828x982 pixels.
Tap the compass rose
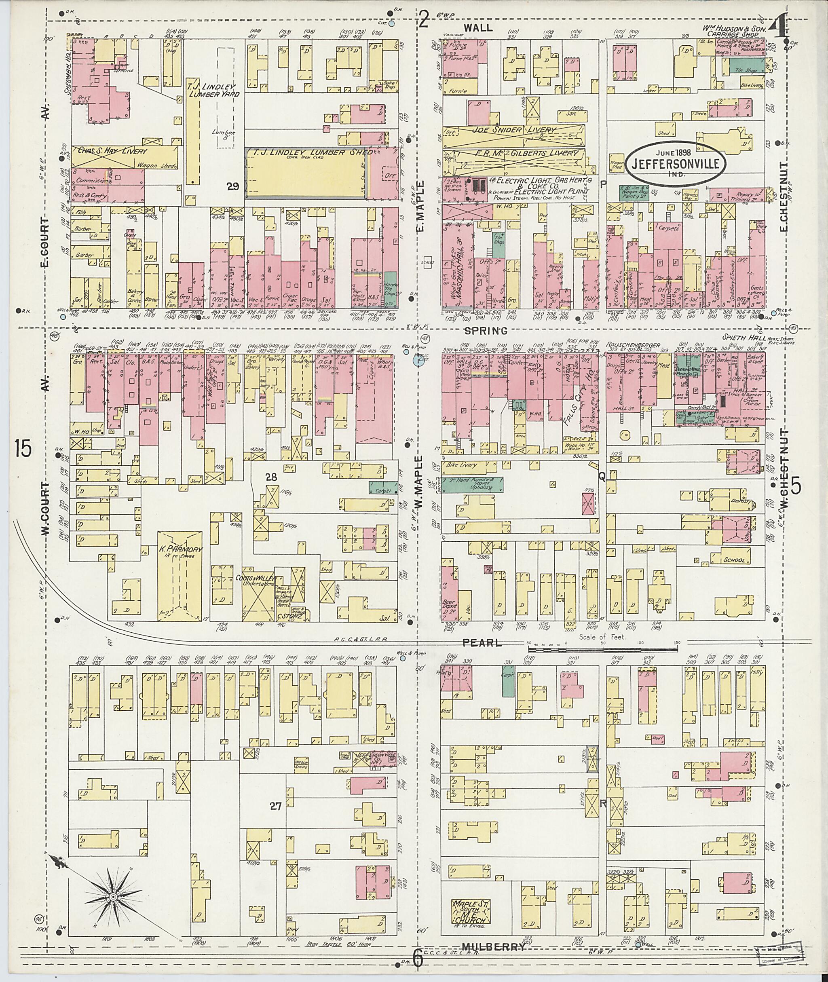pos(113,897)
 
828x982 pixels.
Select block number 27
pos(276,807)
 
